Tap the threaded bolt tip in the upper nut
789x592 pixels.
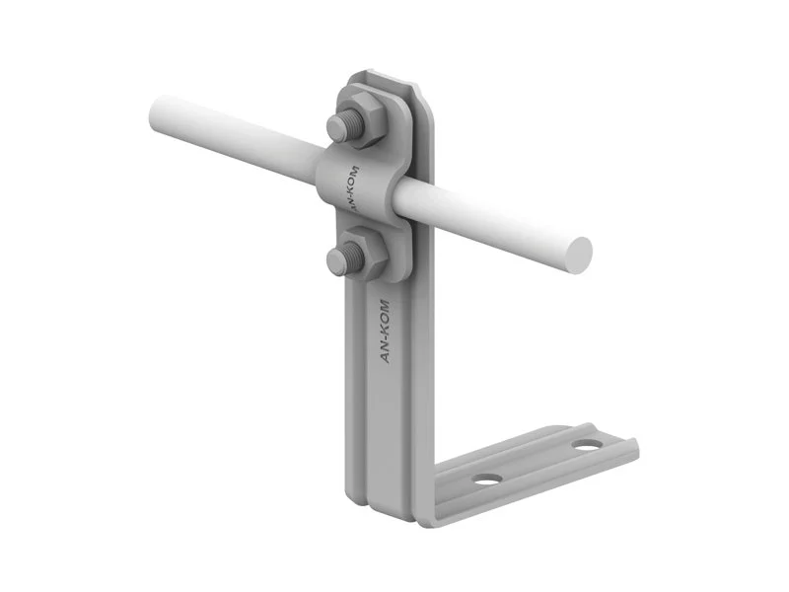342,125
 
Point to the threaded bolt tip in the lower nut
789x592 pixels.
343,259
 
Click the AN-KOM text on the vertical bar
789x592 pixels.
384,331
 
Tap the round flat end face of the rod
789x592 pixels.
577,256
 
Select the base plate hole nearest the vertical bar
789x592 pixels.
487,480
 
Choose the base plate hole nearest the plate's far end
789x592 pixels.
586,446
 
